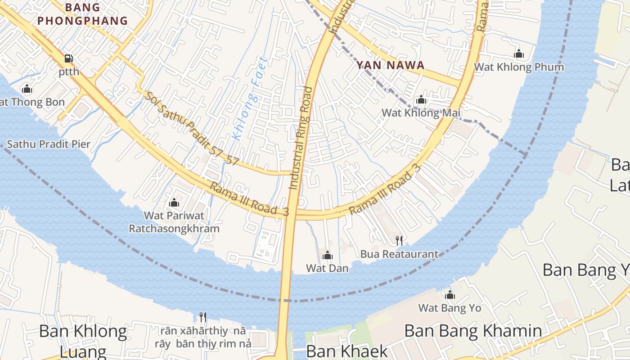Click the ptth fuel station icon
pos(69,58)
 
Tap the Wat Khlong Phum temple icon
pos(519,54)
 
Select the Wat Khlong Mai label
pos(421,112)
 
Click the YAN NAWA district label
pos(390,65)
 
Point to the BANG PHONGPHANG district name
pos(82,14)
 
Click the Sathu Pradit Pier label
pos(49,144)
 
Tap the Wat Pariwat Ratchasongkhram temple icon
pos(174,203)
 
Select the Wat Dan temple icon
pos(328,256)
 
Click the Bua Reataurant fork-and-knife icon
pos(399,240)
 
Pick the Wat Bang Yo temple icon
pos(450,295)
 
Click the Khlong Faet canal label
pos(250,98)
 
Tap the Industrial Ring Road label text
pos(301,138)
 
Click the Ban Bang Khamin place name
pos(473,331)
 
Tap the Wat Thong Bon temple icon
pos(27,89)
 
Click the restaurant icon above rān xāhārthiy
pos(203,317)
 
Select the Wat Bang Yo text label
pos(450,308)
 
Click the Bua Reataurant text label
pos(399,254)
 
